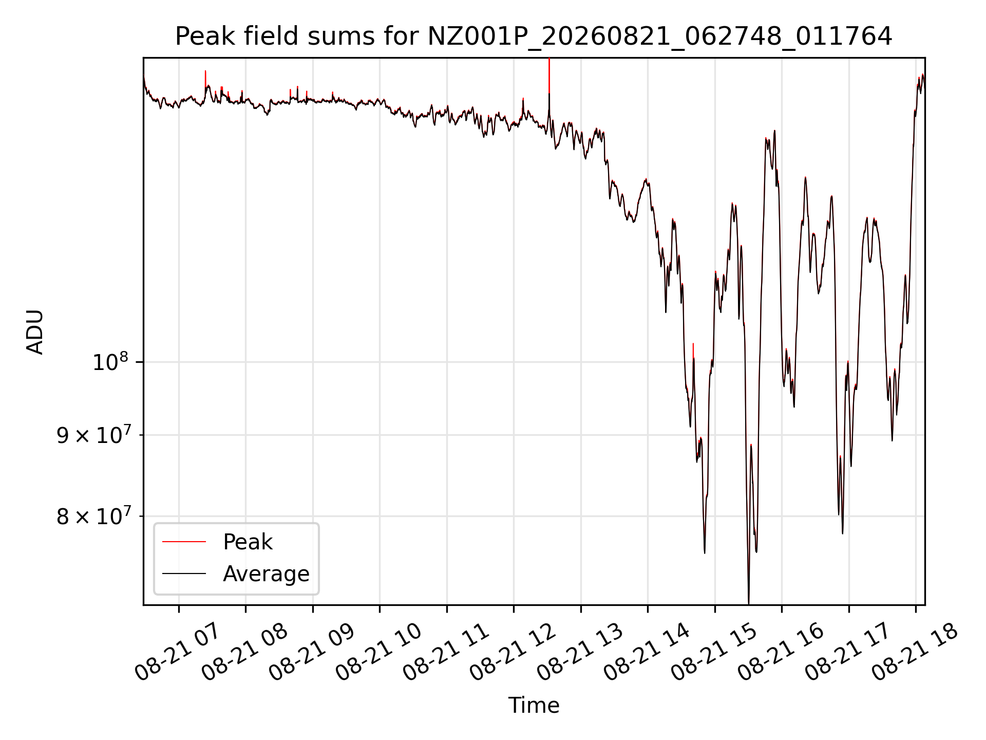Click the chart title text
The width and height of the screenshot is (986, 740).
coord(534,36)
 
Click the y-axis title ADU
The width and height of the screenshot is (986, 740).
coord(35,331)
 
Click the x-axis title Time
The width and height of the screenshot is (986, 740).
coord(534,705)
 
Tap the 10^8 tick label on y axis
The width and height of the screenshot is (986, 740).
coord(110,362)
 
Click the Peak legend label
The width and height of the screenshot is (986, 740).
coord(248,542)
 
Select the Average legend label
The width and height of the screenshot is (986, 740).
coord(266,573)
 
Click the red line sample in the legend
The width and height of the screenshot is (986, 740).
coord(184,542)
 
